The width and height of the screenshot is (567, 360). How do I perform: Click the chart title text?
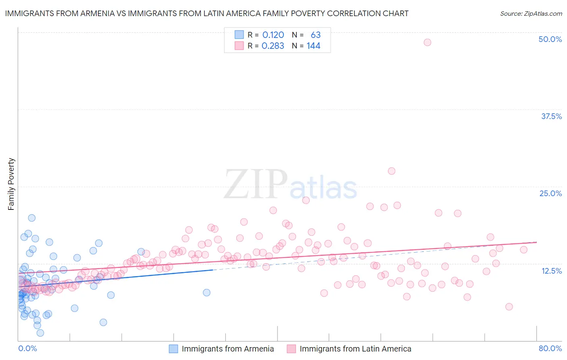pyautogui.click(x=206, y=13)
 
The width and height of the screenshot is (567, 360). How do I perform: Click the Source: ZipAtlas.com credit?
pyautogui.click(x=531, y=13)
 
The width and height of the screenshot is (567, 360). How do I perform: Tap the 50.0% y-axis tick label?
pyautogui.click(x=550, y=39)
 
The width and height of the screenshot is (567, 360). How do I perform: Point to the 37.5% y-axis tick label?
pyautogui.click(x=551, y=116)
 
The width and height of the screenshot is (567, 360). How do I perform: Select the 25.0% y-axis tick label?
pyautogui.click(x=550, y=193)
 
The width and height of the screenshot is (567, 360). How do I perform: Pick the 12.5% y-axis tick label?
pyautogui.click(x=551, y=271)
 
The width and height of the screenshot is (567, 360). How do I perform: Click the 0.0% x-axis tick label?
pyautogui.click(x=27, y=348)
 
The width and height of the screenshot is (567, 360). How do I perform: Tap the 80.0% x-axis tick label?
pyautogui.click(x=550, y=348)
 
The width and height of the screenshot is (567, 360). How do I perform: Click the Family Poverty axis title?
pyautogui.click(x=11, y=184)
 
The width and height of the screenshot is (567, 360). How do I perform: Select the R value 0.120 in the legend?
pyautogui.click(x=273, y=35)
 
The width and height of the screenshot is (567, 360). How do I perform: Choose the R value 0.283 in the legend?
pyautogui.click(x=273, y=46)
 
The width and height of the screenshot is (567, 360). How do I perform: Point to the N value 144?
pyautogui.click(x=313, y=46)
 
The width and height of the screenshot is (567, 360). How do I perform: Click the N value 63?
pyautogui.click(x=315, y=35)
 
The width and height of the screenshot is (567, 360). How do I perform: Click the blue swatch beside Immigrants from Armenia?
pyautogui.click(x=173, y=349)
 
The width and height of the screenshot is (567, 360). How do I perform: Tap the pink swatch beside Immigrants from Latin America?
pyautogui.click(x=291, y=349)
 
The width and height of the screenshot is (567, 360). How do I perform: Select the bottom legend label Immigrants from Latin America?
pyautogui.click(x=355, y=349)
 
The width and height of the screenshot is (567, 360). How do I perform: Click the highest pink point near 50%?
pyautogui.click(x=427, y=42)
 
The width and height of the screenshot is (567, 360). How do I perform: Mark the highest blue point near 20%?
pyautogui.click(x=31, y=218)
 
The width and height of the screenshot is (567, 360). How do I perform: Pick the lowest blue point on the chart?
pyautogui.click(x=40, y=333)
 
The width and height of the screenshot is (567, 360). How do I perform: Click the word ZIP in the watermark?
pyautogui.click(x=255, y=184)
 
